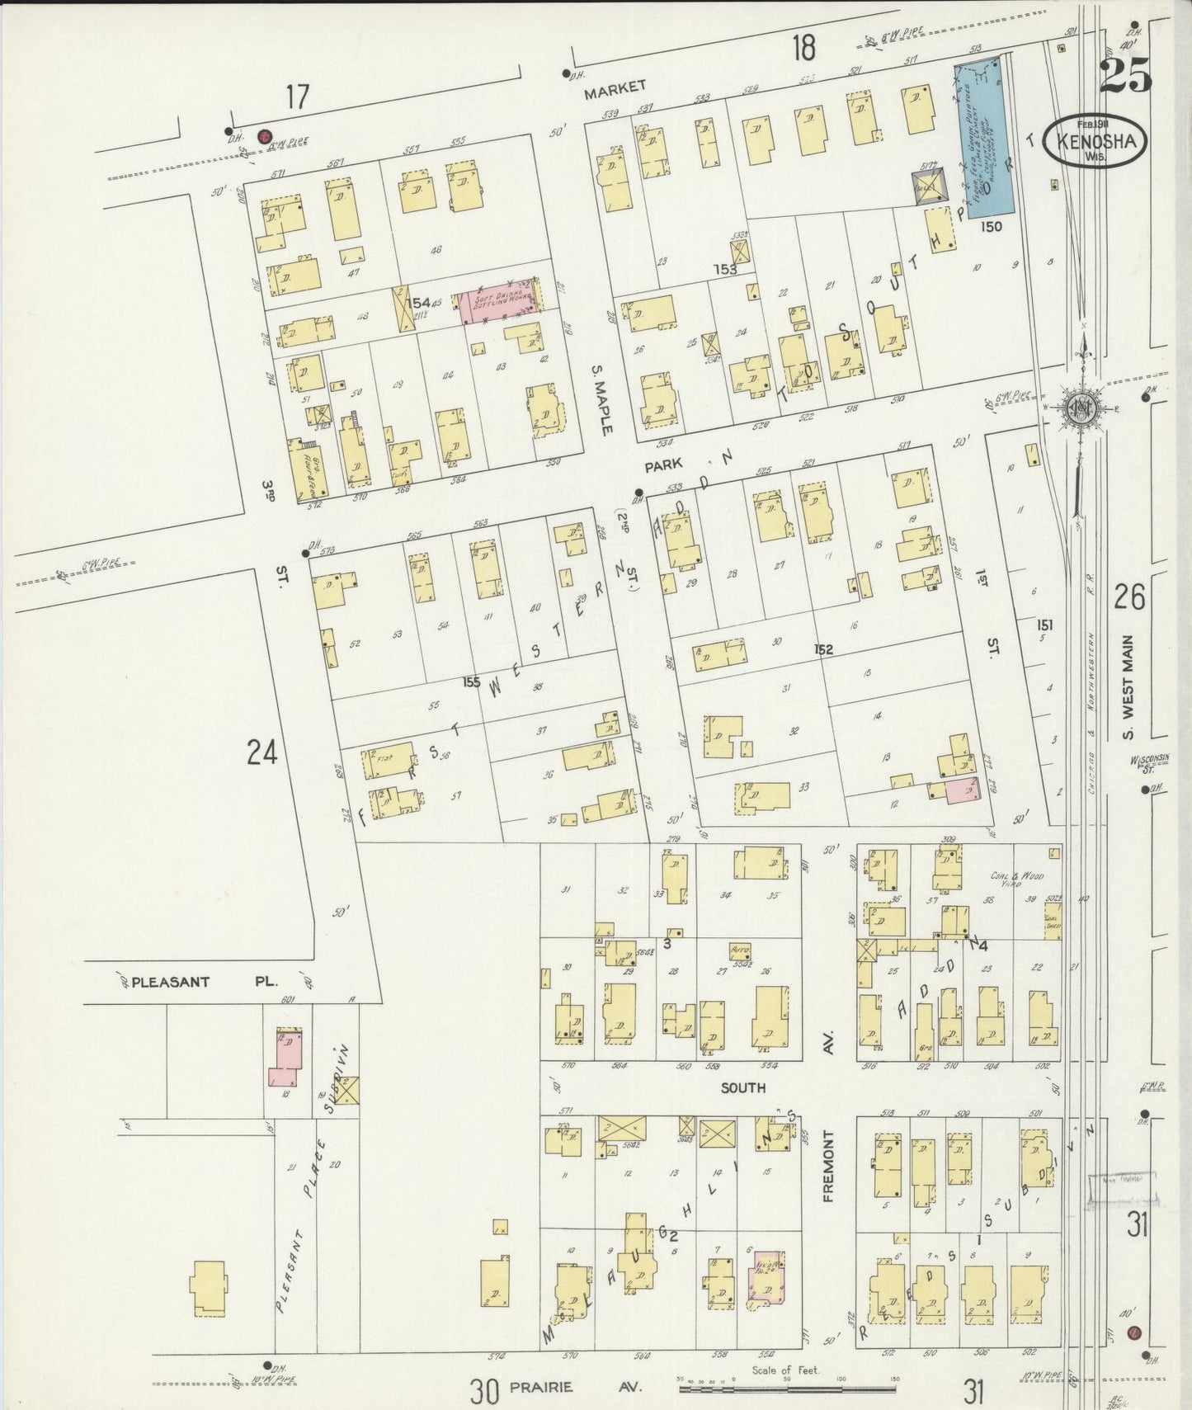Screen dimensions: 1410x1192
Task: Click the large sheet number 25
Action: click(1125, 76)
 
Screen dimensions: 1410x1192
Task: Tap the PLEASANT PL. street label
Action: click(196, 983)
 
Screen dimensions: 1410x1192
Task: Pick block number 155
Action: click(472, 682)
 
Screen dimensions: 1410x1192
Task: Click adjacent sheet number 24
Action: click(261, 752)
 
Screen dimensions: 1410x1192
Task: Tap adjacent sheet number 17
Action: click(297, 97)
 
